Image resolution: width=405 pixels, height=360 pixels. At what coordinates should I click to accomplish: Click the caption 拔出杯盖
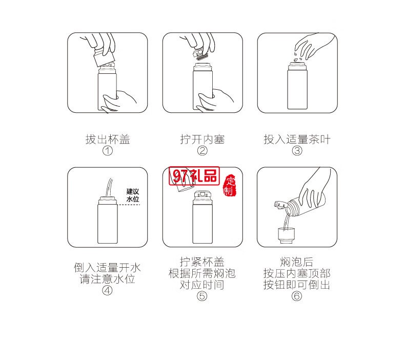(107, 139)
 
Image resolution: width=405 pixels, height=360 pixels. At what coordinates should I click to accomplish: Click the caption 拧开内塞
(202, 139)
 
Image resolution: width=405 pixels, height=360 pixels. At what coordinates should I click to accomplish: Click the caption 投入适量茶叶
(297, 139)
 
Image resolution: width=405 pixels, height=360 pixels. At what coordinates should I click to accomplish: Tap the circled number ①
(107, 151)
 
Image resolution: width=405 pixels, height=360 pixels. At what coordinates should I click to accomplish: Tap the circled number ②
(202, 151)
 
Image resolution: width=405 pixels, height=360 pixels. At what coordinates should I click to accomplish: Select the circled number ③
(297, 151)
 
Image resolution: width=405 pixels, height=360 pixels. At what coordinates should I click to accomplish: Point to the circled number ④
(107, 290)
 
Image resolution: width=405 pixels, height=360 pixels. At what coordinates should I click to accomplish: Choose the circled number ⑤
(202, 296)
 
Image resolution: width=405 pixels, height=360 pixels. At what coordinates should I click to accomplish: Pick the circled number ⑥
(297, 296)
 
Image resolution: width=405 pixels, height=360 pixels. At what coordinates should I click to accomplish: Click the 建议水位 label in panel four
(133, 194)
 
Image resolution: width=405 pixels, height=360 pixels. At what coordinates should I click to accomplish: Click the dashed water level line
(128, 205)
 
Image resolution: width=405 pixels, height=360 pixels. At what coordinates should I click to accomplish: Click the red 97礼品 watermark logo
(194, 176)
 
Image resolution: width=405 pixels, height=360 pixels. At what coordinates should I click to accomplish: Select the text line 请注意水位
(107, 279)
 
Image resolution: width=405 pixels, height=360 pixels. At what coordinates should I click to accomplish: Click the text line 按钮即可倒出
(297, 285)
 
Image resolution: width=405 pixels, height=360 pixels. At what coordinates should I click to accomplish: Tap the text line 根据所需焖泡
(202, 273)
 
